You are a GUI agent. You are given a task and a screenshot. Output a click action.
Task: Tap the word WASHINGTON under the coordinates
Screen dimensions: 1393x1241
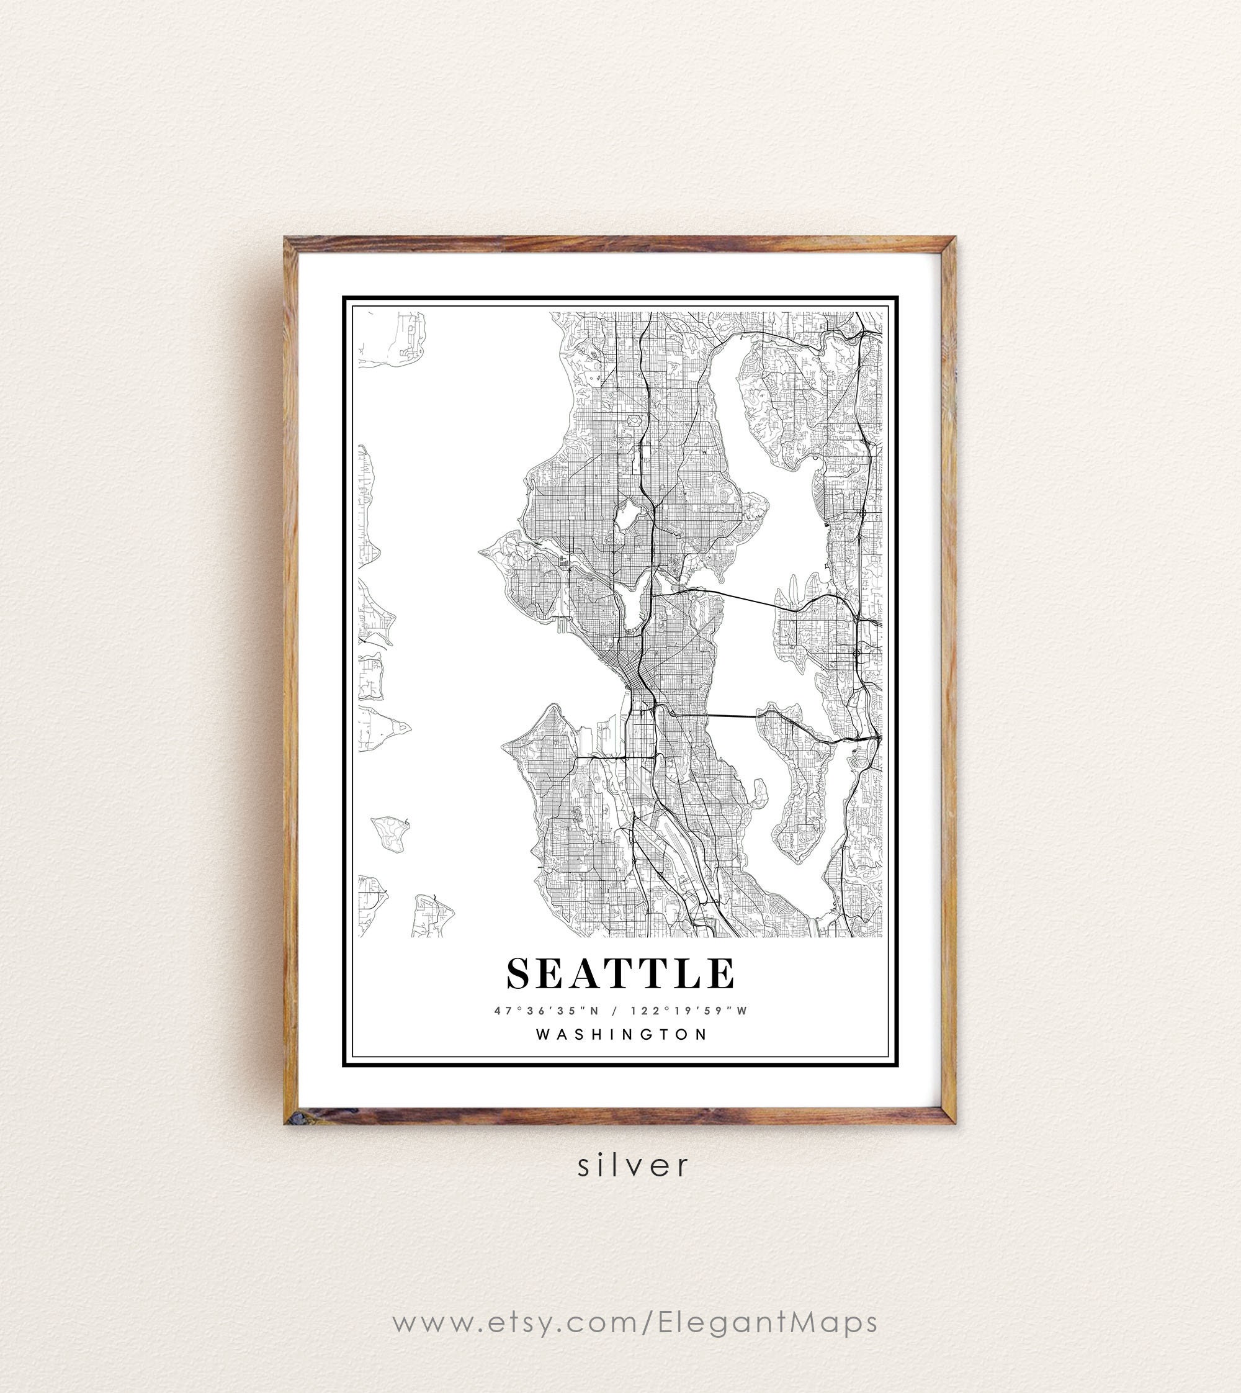pos(622,1034)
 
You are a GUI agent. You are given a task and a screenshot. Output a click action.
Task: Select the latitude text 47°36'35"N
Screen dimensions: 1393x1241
pos(547,1011)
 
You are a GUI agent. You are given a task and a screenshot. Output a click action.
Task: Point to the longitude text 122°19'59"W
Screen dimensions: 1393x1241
pos(689,1011)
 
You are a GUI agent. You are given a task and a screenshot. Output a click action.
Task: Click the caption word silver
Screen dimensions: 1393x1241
pos(634,1165)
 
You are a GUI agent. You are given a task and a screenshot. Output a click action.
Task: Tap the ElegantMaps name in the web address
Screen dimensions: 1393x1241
pos(768,1322)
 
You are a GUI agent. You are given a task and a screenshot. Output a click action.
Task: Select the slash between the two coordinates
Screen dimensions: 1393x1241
pos(615,1011)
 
